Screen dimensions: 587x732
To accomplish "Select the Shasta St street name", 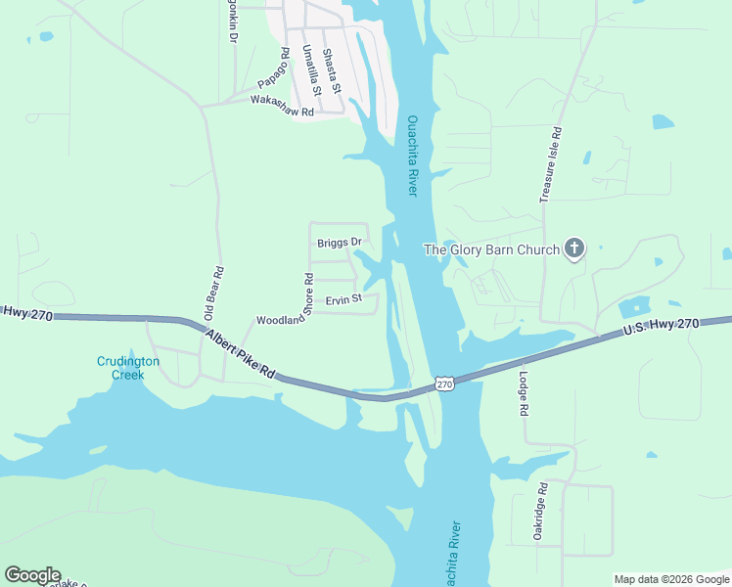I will pyautogui.click(x=333, y=70).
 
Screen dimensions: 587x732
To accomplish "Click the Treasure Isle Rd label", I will pyautogui.click(x=551, y=164).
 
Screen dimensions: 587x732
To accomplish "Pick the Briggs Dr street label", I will pyautogui.click(x=340, y=243).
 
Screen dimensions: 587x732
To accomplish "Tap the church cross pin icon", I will pyautogui.click(x=574, y=249).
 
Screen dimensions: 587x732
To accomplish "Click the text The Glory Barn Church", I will pyautogui.click(x=490, y=249).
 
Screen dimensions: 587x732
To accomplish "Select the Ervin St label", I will pyautogui.click(x=343, y=299).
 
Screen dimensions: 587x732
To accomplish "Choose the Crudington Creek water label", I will pyautogui.click(x=120, y=368).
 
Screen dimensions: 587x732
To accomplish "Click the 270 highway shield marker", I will pyautogui.click(x=445, y=384).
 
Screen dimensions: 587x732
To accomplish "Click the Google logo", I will pyautogui.click(x=32, y=575).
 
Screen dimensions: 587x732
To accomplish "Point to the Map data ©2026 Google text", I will pyautogui.click(x=670, y=579).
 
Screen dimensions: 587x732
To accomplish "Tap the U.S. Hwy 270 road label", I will pyautogui.click(x=662, y=329).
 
